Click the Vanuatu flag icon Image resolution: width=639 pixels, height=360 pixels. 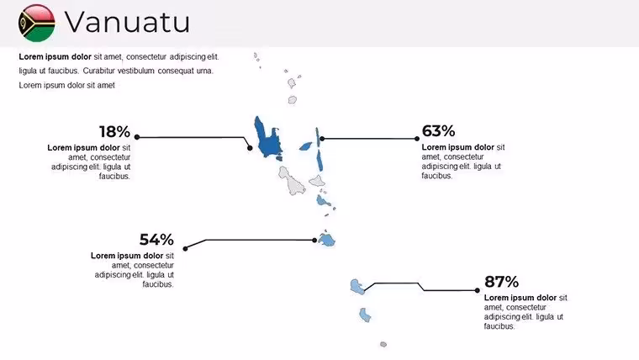[x=37, y=23]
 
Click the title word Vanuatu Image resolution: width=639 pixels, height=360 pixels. [x=127, y=22]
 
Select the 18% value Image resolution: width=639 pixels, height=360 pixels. [x=114, y=132]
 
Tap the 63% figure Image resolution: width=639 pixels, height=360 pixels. [x=438, y=131]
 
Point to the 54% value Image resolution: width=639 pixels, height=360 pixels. [x=156, y=240]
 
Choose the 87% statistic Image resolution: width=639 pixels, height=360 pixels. [x=501, y=282]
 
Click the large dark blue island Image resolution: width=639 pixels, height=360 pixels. [x=267, y=139]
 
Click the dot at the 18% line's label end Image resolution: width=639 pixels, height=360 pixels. [x=137, y=137]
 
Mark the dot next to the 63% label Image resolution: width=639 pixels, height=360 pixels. [x=416, y=139]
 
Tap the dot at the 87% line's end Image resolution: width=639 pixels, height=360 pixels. [x=478, y=290]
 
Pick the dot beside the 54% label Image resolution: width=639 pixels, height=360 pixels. [x=186, y=248]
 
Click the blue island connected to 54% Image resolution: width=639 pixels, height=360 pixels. [x=327, y=240]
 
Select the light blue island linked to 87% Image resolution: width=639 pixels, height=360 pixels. [x=357, y=287]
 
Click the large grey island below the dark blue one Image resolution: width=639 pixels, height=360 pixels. [x=292, y=181]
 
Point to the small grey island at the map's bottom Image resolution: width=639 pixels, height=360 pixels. [x=383, y=345]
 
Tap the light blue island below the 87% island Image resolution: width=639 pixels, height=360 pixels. [x=365, y=315]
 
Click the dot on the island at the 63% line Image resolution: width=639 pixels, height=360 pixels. [x=322, y=139]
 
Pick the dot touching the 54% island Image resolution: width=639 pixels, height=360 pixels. [x=314, y=240]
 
